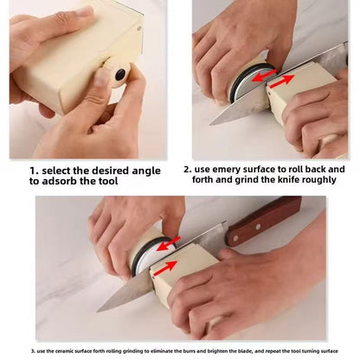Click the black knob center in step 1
pyautogui.click(x=120, y=75)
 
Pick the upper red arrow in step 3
pyautogui.click(x=171, y=240)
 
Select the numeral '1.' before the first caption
pyautogui.click(x=34, y=170)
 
